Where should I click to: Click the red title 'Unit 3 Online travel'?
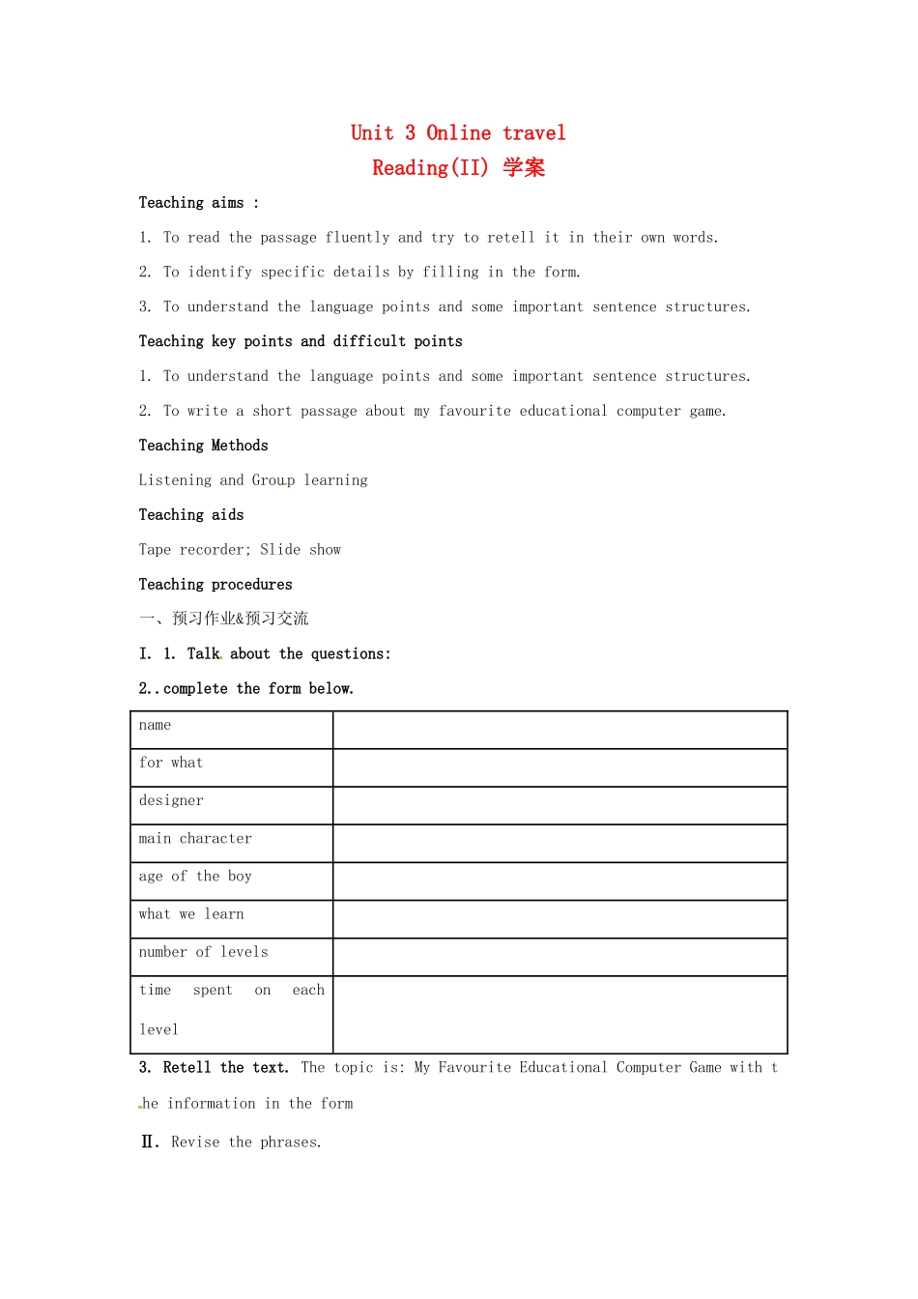pos(458,133)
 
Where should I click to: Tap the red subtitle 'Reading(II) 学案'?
pos(458,168)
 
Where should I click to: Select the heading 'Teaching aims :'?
pos(198,203)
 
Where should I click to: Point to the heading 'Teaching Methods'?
pos(203,446)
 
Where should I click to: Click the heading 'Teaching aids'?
pos(190,515)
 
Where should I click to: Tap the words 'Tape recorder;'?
pos(194,550)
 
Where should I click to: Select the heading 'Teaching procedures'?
pos(215,585)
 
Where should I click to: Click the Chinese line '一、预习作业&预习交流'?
pos(223,619)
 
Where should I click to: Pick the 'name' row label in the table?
pos(155,726)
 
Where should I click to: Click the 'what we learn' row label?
pos(191,914)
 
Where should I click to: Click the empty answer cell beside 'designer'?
pos(559,805)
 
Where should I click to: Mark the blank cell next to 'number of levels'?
pos(559,957)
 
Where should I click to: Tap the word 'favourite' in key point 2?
pos(474,412)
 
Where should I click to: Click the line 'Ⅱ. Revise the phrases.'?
pos(231,1142)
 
